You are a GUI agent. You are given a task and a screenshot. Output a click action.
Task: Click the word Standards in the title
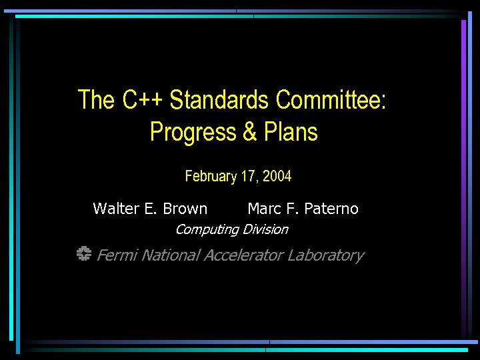(220, 100)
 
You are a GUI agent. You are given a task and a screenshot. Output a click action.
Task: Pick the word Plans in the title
(291, 132)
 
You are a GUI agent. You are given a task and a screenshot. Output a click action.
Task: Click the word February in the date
(211, 177)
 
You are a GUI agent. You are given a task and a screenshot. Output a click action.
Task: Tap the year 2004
(277, 177)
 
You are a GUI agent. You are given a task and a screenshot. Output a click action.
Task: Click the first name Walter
(116, 209)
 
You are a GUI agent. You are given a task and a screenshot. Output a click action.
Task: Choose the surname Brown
(185, 209)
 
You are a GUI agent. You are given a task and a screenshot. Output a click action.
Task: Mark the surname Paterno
(331, 209)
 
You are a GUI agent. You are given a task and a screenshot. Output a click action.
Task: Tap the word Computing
(207, 229)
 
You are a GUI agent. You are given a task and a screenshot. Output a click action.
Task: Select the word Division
(265, 229)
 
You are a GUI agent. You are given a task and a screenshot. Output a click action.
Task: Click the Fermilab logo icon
(83, 254)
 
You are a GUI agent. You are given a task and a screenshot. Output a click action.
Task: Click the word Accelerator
(244, 255)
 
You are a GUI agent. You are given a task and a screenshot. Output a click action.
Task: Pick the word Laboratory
(326, 255)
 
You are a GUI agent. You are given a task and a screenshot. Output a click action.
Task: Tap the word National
(171, 255)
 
